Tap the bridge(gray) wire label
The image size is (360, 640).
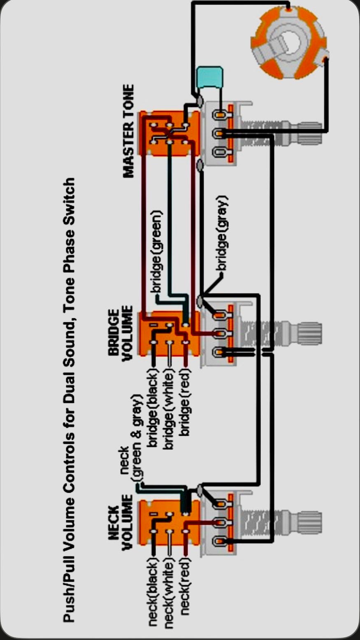click(223, 233)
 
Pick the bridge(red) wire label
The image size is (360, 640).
click(185, 403)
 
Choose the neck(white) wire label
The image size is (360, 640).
click(169, 593)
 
